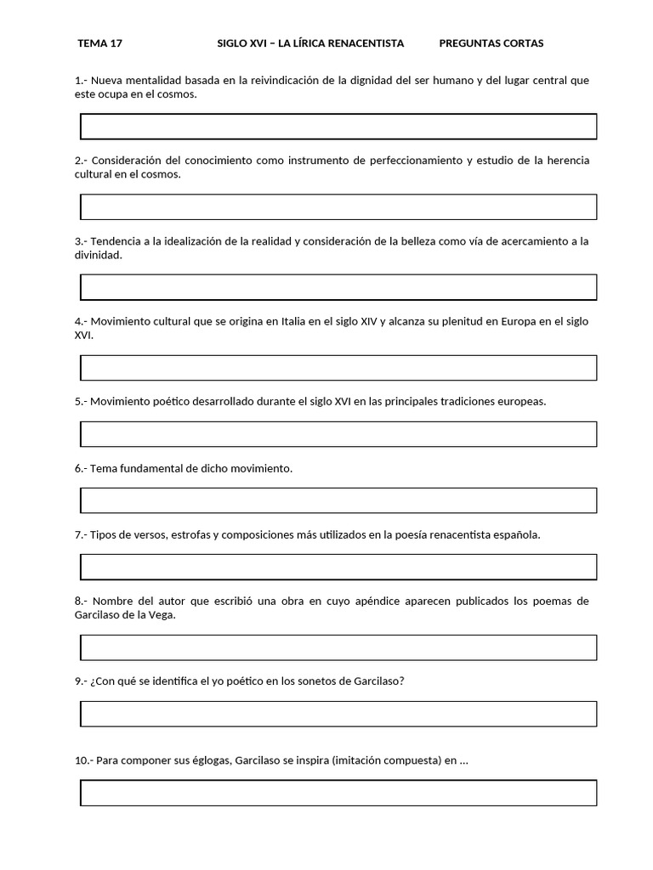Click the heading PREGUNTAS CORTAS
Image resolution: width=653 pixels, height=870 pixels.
491,43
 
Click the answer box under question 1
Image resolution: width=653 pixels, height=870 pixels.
338,127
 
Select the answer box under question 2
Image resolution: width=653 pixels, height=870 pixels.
338,206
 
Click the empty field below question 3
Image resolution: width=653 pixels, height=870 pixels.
338,287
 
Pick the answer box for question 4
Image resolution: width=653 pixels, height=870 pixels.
338,368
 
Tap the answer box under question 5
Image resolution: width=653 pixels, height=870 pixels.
338,434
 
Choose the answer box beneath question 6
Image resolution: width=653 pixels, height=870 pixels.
338,500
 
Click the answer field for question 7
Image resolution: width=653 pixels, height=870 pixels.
338,567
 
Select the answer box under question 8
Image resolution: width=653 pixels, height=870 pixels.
338,647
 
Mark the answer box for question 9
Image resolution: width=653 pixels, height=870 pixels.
338,714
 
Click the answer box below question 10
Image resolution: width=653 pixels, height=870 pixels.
338,793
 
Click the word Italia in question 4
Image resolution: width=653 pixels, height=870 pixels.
293,321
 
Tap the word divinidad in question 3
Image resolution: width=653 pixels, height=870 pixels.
98,255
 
